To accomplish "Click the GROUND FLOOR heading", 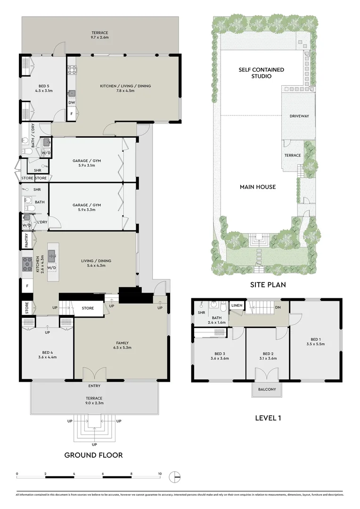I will (x=93, y=455).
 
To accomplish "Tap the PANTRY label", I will (x=27, y=241).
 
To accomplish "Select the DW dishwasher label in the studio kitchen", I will (x=72, y=102).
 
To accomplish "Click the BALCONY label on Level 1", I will (x=267, y=390).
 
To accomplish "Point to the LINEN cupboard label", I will (x=237, y=305).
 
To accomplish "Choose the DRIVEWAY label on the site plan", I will (x=299, y=116).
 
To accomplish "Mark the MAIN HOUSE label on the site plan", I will (x=258, y=187).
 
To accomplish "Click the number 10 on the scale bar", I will (x=160, y=474).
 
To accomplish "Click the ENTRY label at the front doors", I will (x=94, y=386).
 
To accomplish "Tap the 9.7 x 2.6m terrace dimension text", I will (x=100, y=37).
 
